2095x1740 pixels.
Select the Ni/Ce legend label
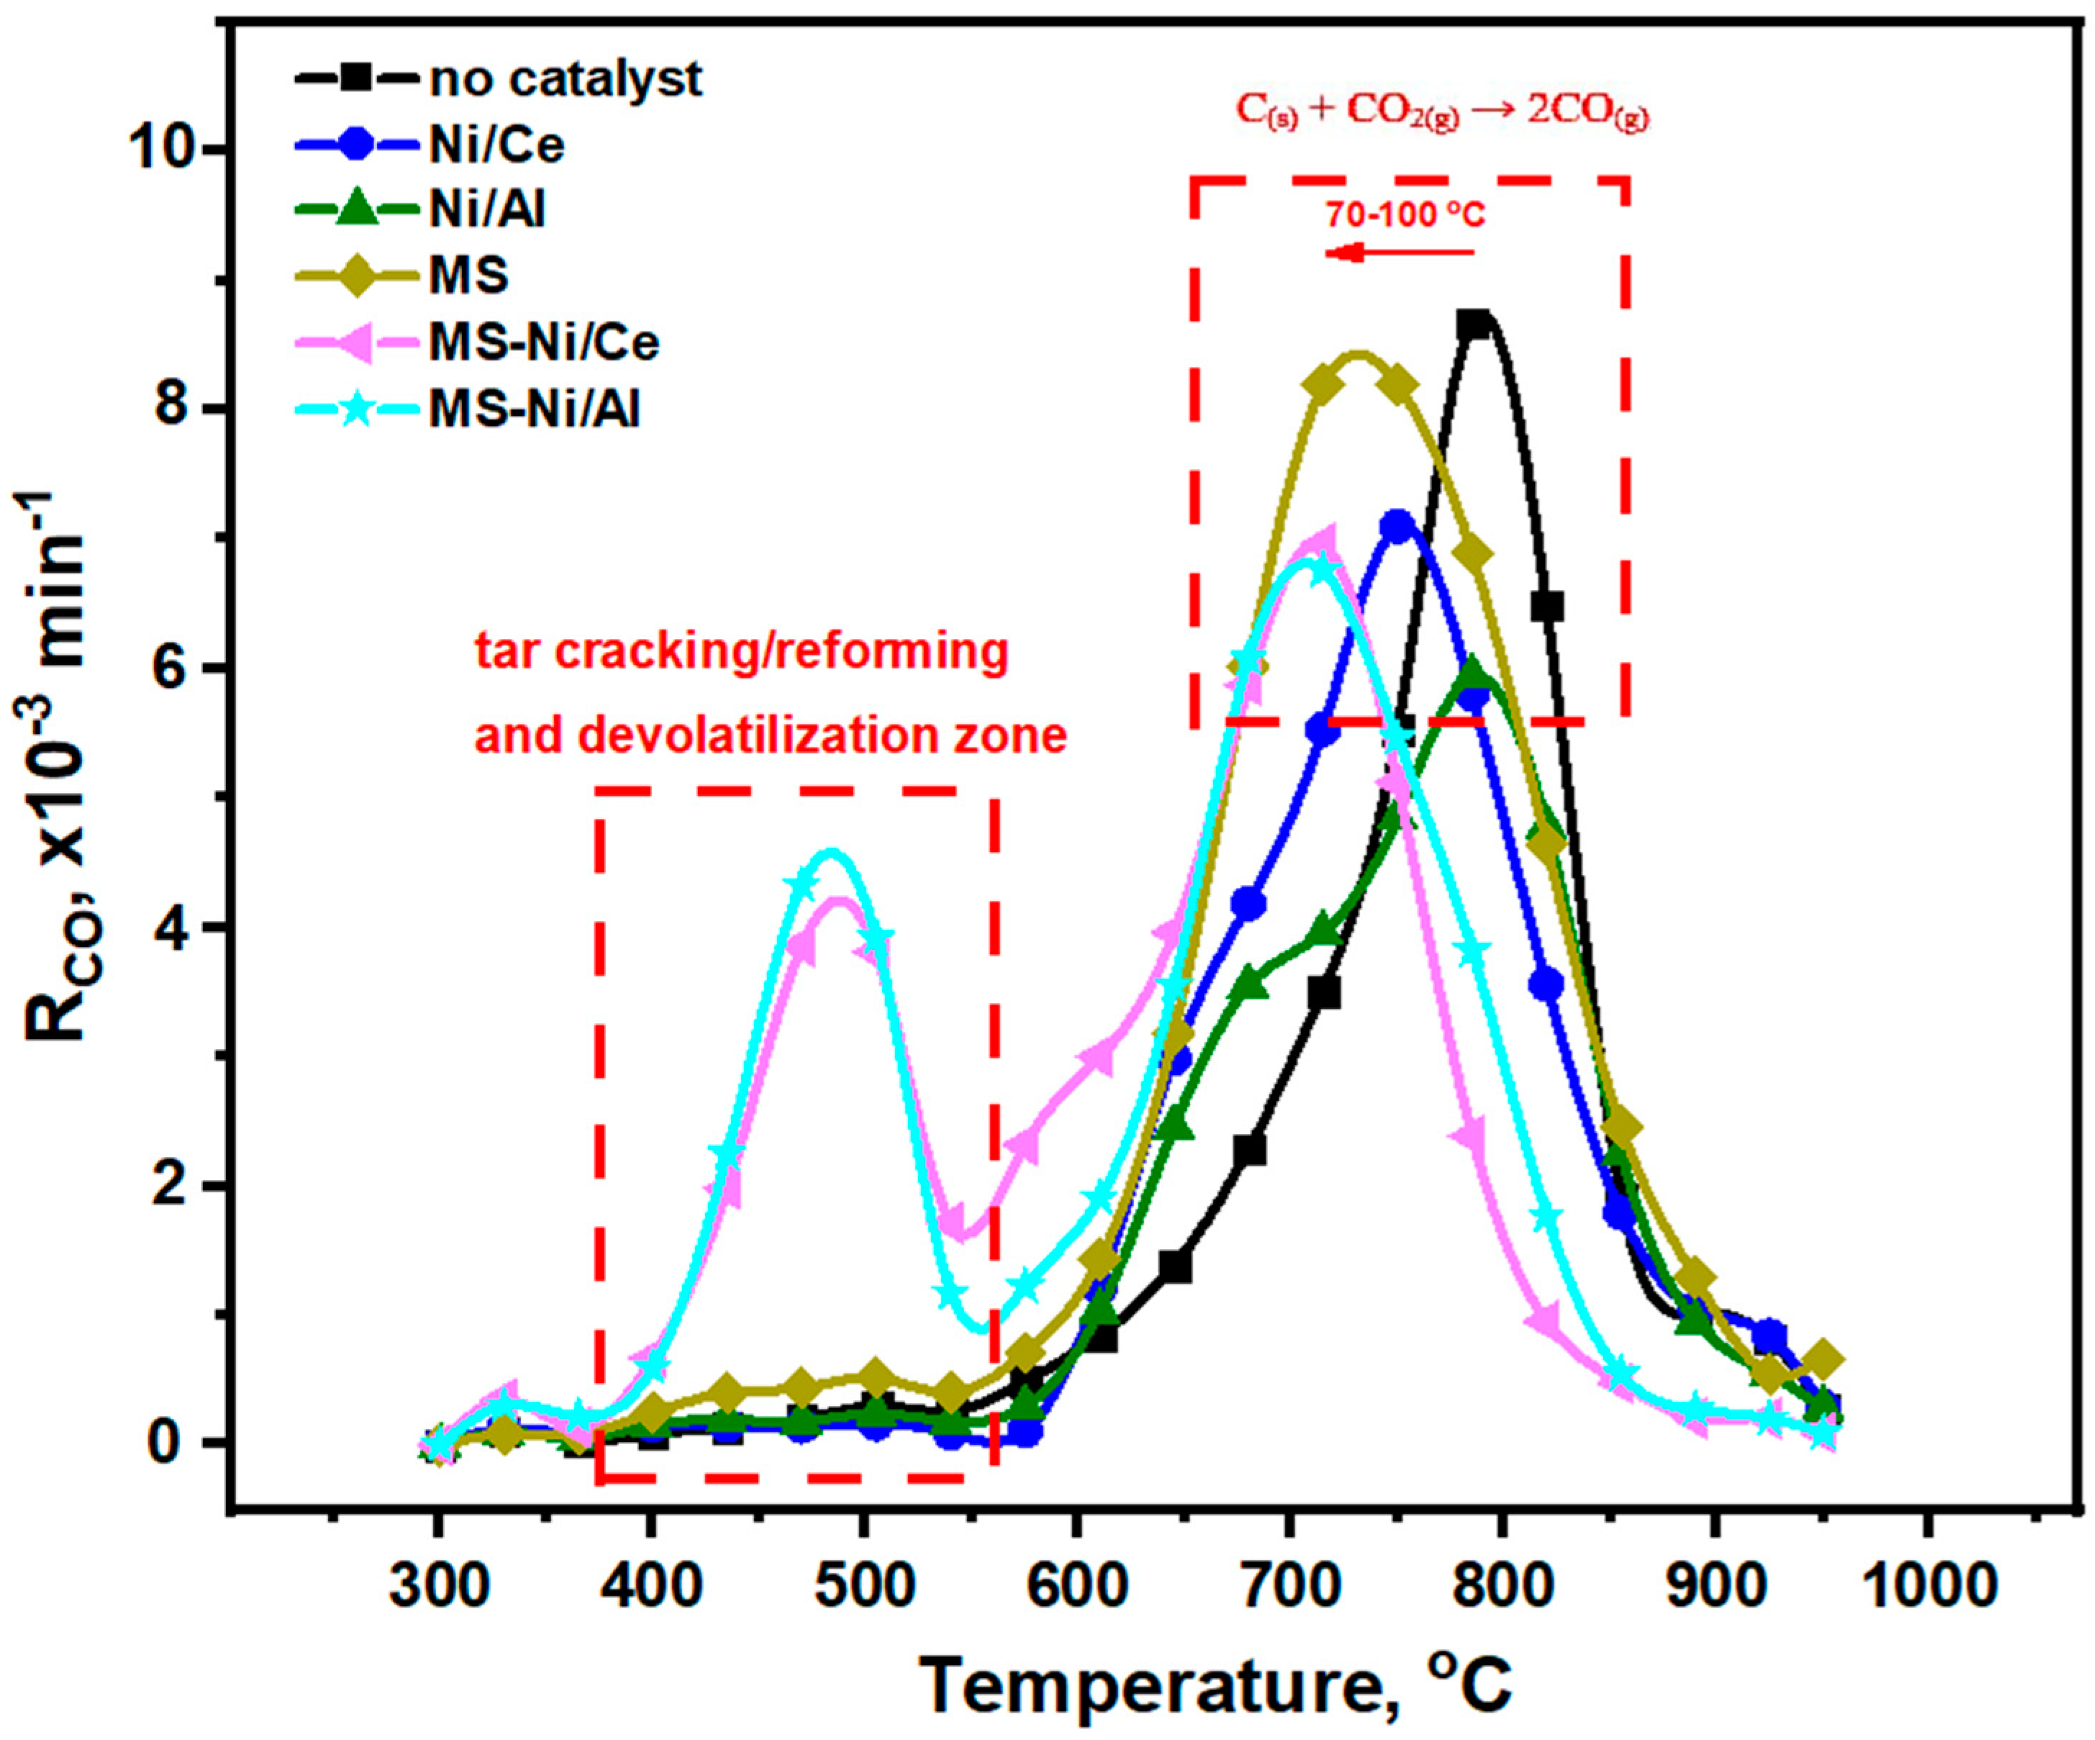coord(496,145)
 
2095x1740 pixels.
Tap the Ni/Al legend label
coord(487,211)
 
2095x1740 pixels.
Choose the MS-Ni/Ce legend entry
coord(544,343)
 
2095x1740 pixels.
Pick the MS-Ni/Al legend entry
coord(534,408)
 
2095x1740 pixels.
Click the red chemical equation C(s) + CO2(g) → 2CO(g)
coord(1442,112)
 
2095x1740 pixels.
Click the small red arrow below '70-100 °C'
coord(1396,253)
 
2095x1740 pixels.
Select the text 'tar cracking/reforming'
coord(741,651)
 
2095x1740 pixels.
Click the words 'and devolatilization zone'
coord(771,735)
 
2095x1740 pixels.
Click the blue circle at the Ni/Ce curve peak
coord(1398,526)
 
